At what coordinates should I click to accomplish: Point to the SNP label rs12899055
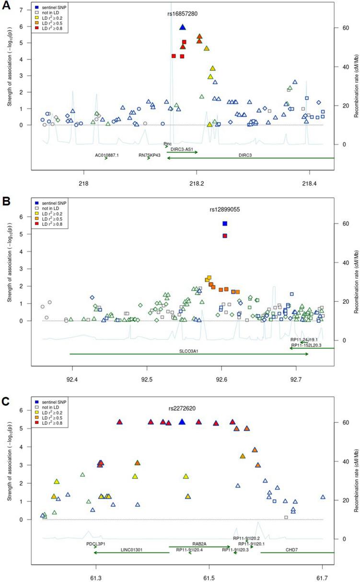225,209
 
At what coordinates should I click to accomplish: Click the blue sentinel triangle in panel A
182,27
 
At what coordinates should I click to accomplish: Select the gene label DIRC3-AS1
183,149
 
